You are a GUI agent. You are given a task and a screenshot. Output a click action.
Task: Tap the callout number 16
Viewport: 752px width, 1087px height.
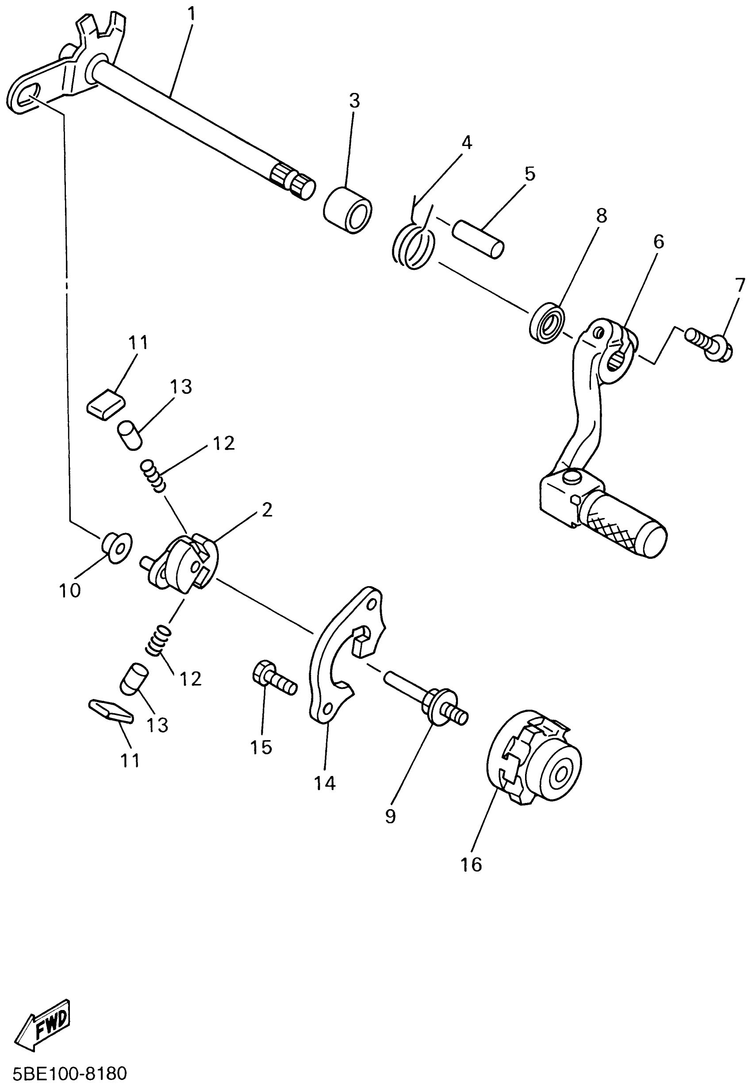point(471,864)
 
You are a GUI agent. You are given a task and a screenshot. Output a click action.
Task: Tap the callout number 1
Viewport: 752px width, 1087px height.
point(191,14)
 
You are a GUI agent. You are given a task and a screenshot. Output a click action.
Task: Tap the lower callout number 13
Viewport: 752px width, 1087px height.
point(157,725)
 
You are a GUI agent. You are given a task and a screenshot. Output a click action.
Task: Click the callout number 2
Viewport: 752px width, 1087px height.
point(267,510)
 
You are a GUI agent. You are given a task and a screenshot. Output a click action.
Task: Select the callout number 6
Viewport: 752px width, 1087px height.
point(658,242)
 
